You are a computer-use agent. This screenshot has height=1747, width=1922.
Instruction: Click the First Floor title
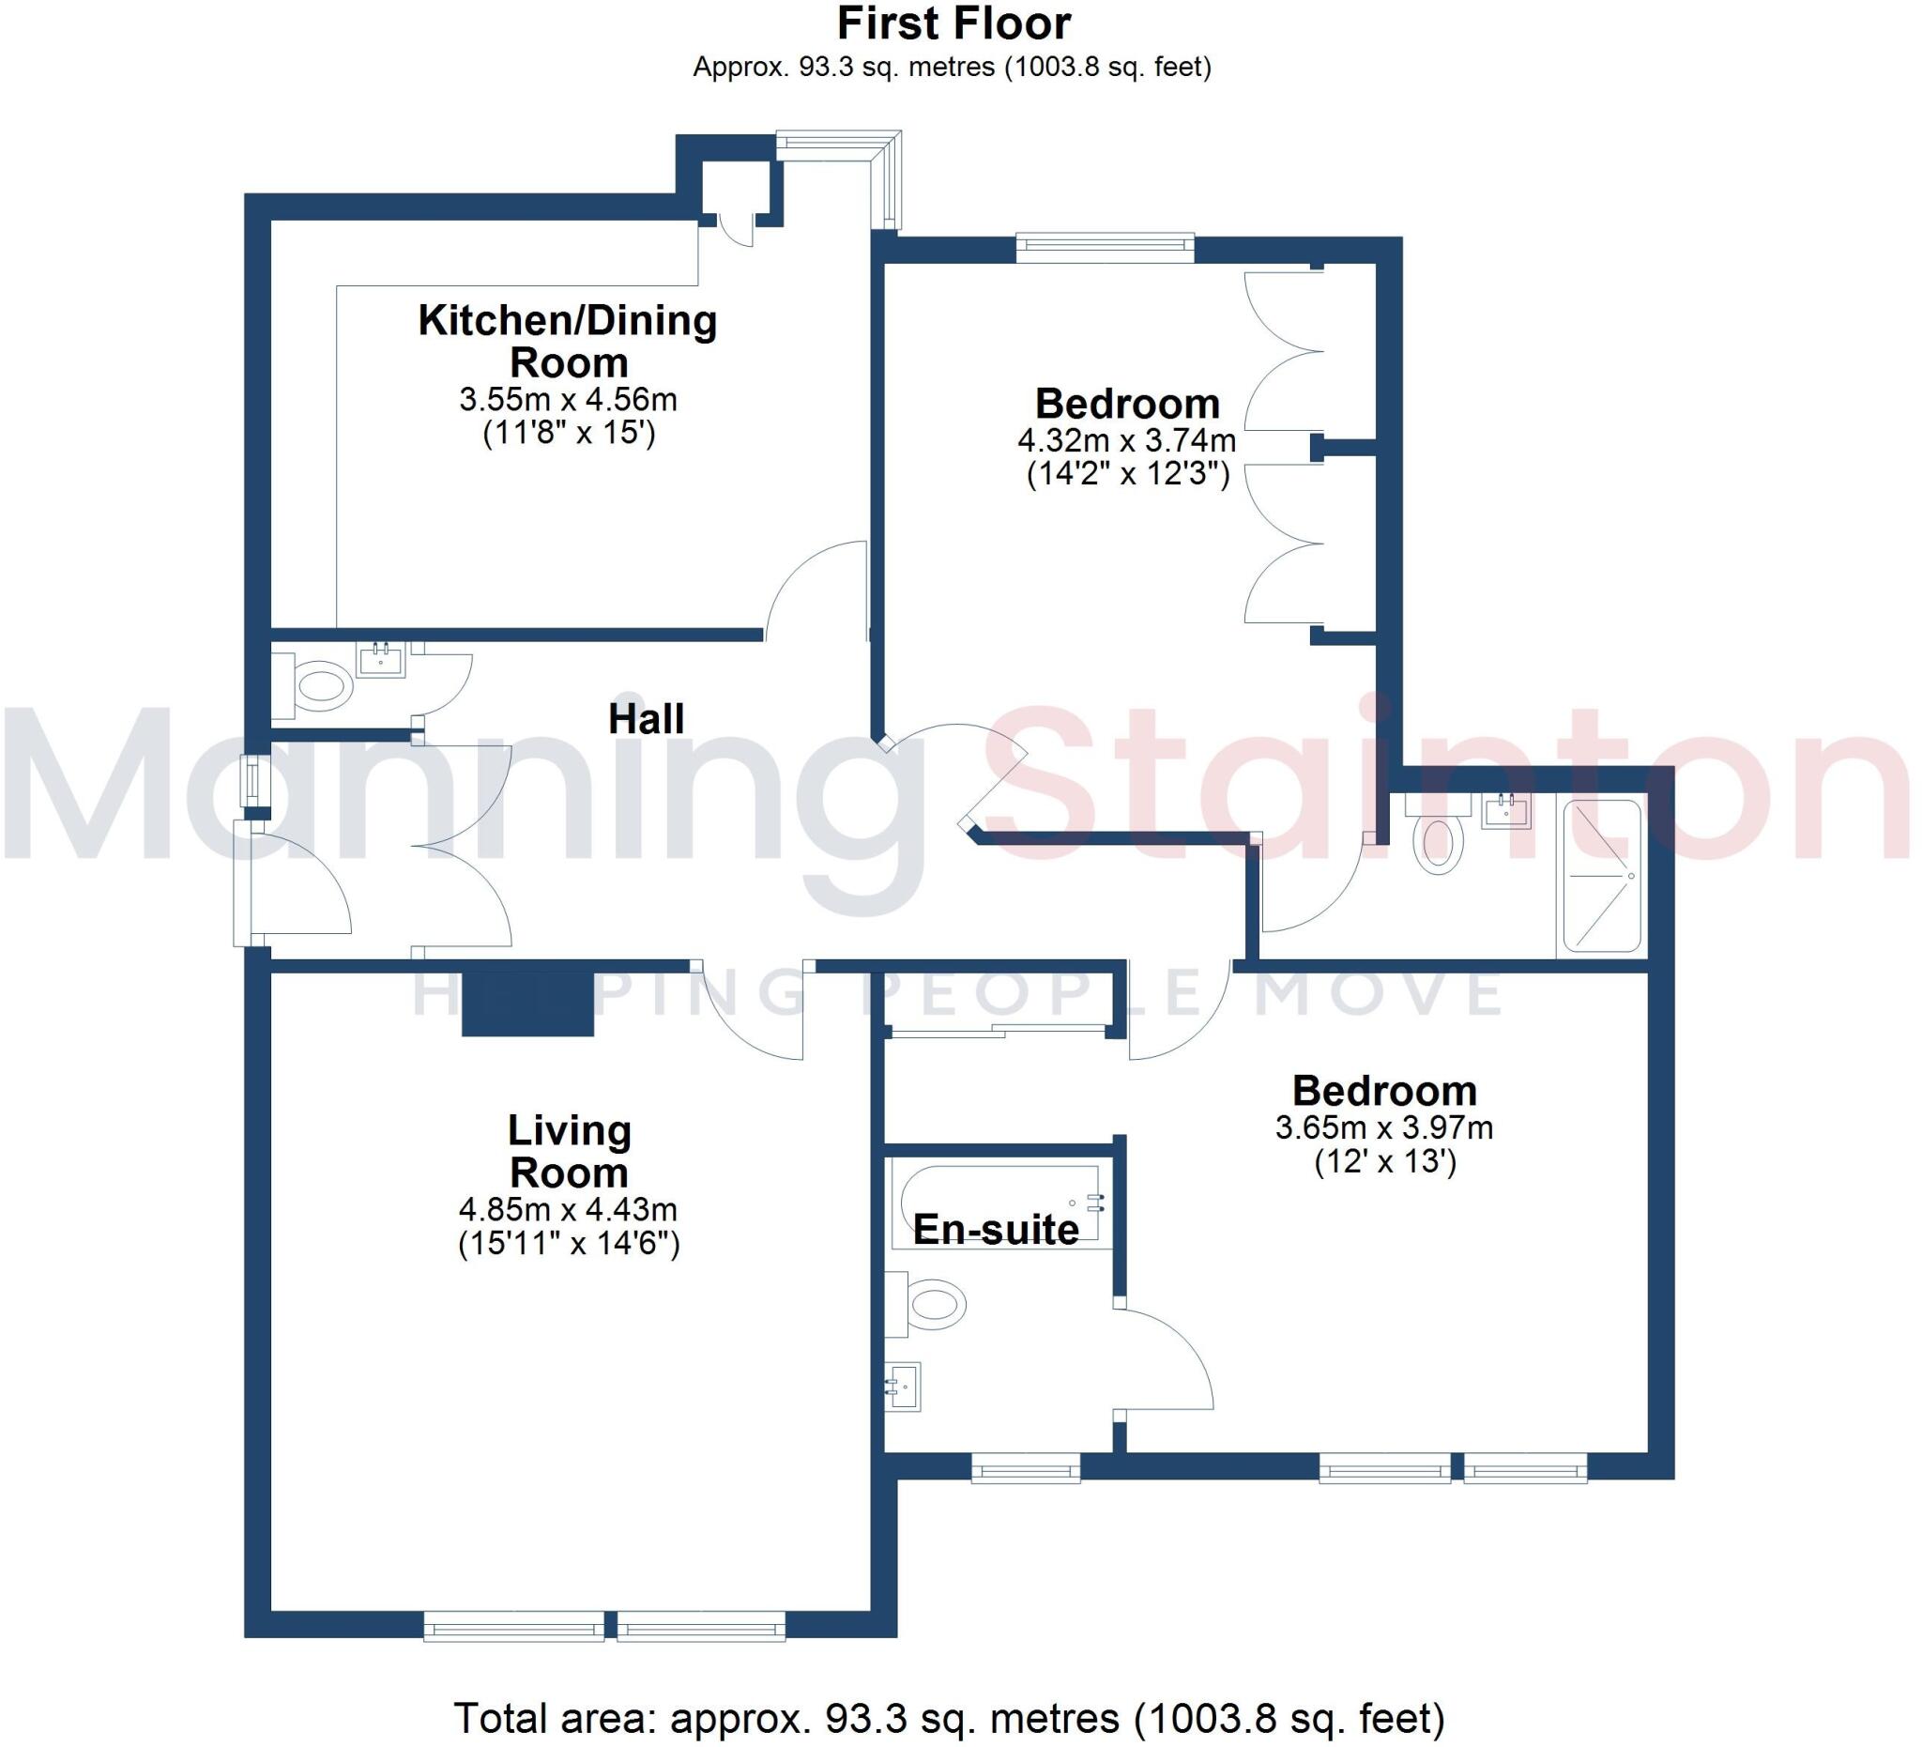[x=953, y=23]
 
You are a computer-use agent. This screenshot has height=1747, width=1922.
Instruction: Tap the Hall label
[x=647, y=719]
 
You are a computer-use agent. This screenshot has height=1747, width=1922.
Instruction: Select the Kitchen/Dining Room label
[x=568, y=341]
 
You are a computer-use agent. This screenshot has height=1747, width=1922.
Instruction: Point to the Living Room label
[x=569, y=1151]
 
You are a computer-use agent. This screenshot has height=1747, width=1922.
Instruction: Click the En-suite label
[x=996, y=1230]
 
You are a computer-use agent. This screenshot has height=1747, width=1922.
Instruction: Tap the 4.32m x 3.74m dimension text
[x=1127, y=440]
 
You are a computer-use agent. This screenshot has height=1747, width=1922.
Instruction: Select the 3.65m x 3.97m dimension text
[x=1384, y=1128]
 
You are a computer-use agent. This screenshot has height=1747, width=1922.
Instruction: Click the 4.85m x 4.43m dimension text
[x=568, y=1210]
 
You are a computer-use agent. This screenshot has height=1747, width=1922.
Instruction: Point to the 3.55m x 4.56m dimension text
[x=568, y=399]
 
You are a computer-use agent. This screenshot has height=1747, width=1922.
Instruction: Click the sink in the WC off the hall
[x=380, y=659]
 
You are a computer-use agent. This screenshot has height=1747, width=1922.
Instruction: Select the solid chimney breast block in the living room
[x=528, y=1004]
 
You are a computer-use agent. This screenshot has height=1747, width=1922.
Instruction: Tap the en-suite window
[x=1026, y=1469]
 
